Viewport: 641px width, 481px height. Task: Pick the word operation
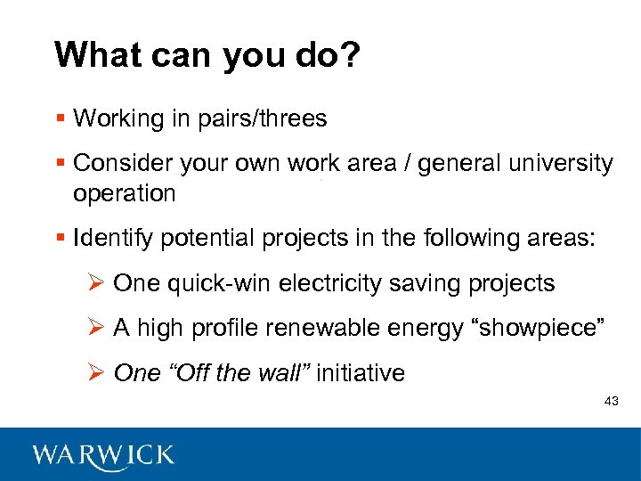pyautogui.click(x=125, y=193)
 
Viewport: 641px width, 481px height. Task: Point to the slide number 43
pyautogui.click(x=611, y=403)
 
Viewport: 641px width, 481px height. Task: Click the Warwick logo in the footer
pyautogui.click(x=103, y=455)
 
